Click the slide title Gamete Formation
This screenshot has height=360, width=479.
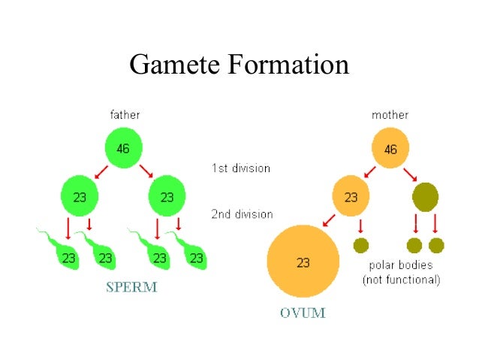point(239,65)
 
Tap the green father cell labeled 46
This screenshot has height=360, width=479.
point(123,148)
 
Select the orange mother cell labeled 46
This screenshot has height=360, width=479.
point(390,148)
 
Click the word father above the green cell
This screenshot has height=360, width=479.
point(125,115)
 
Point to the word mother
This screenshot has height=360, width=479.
point(390,115)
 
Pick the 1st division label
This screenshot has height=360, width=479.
point(240,168)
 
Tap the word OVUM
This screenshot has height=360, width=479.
point(303,312)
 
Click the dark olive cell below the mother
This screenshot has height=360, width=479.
point(425,197)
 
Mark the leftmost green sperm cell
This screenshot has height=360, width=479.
point(64,254)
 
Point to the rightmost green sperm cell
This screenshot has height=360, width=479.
point(192,254)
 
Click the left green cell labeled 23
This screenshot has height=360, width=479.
point(80,197)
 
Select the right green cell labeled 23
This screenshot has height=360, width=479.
point(167,197)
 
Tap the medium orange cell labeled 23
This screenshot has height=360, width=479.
point(351,197)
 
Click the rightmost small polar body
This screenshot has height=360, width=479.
point(436,245)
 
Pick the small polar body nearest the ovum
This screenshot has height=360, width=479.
point(361,245)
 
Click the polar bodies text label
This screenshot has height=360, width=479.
point(401,273)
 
